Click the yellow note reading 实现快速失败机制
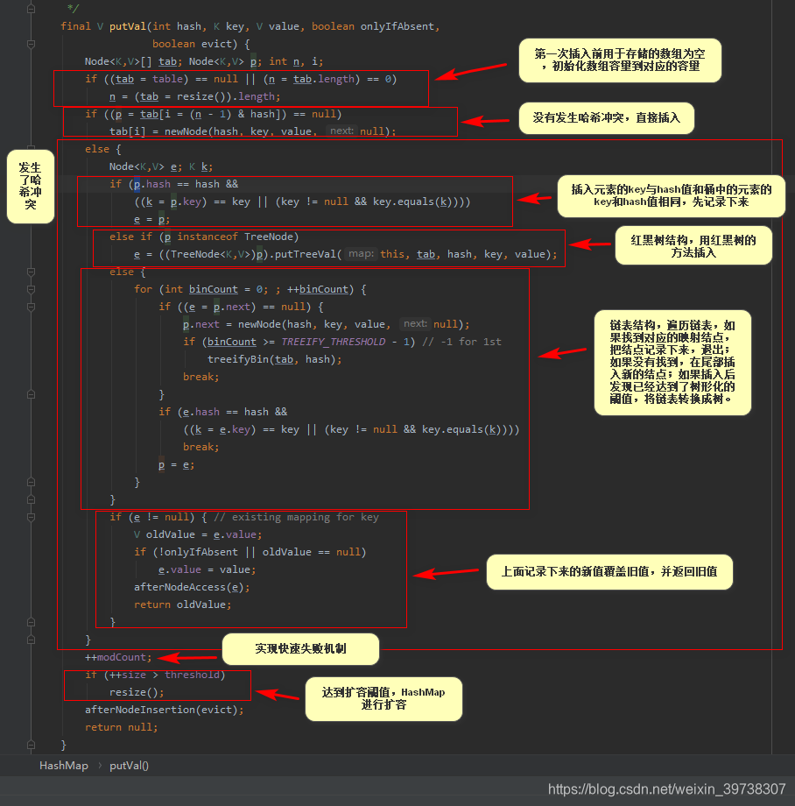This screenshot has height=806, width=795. coord(300,649)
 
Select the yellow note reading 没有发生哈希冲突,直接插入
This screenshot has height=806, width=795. coord(606,117)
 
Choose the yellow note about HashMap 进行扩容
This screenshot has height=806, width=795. coord(383,698)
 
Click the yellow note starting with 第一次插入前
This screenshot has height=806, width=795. coord(621,60)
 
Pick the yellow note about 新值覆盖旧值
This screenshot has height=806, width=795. coord(609,572)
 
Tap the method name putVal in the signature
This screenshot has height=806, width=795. coord(127,26)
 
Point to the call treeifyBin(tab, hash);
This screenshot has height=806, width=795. coord(273,359)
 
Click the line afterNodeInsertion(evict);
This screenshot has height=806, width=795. coord(164,710)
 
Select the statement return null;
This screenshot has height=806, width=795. coord(121,727)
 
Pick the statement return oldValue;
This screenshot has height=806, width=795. coord(182,604)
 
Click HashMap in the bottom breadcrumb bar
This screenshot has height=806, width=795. coord(64,766)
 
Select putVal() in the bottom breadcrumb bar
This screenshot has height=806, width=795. coord(130,766)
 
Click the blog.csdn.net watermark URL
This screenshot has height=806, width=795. coord(666,789)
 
